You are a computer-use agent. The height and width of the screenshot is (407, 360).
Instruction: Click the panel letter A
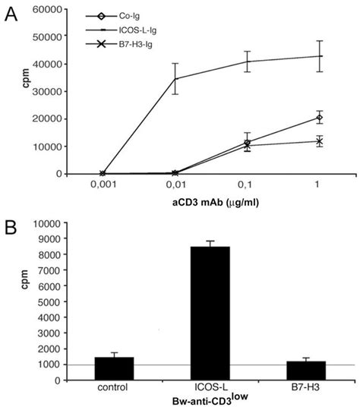point(11,14)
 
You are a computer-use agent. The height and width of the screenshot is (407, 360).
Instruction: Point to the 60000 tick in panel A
point(47,9)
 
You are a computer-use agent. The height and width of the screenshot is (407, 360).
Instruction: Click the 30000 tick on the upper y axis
point(47,91)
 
